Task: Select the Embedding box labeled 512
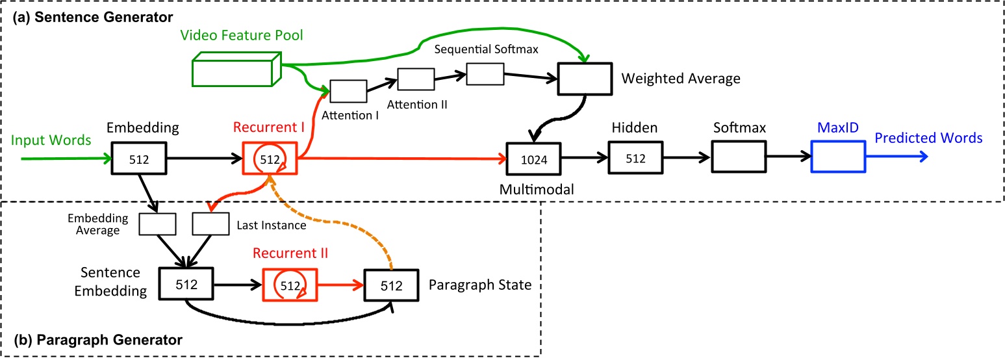pyautogui.click(x=139, y=158)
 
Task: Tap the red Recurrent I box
pyautogui.click(x=270, y=158)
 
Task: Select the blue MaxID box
pyautogui.click(x=838, y=158)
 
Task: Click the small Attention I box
pyautogui.click(x=348, y=92)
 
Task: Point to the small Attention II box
pyautogui.click(x=416, y=79)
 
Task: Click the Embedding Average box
pyautogui.click(x=158, y=224)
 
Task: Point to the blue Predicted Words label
pyautogui.click(x=928, y=138)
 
